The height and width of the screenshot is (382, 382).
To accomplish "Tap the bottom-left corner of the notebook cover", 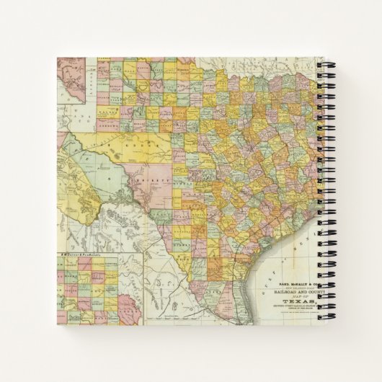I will tap(57, 324).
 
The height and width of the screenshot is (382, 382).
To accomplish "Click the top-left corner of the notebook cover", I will tap(57, 58).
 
